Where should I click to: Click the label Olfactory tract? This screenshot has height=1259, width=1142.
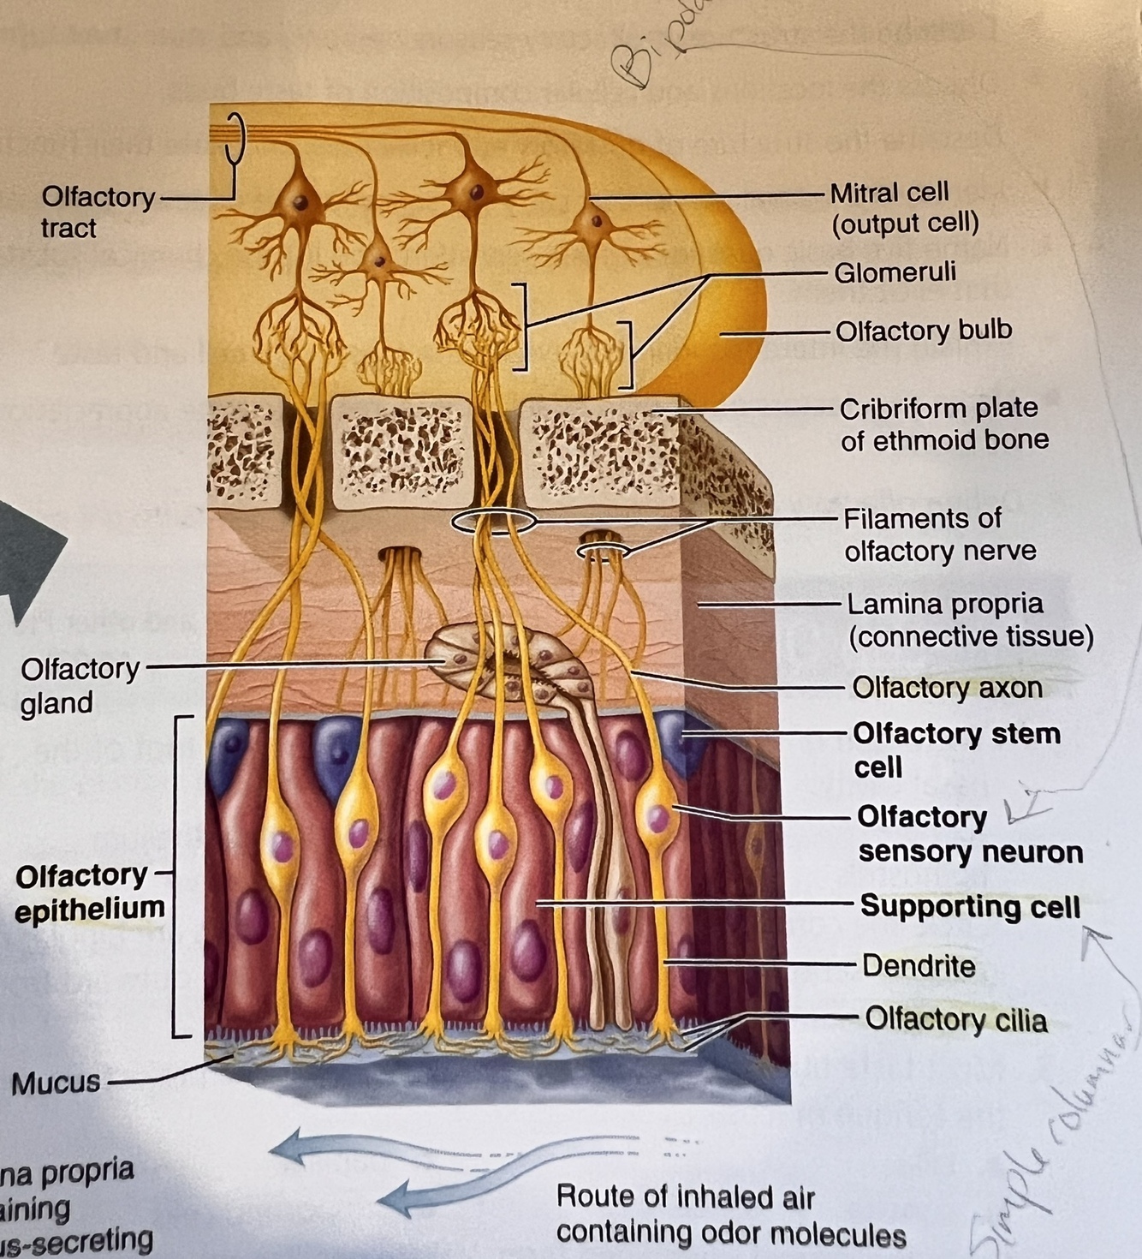point(97,212)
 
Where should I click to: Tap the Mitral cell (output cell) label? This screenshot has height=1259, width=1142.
point(903,207)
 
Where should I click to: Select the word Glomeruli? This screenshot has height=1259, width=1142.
point(895,272)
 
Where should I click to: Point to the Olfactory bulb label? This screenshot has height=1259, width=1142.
point(923,331)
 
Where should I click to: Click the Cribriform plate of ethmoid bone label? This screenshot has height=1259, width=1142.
point(943,424)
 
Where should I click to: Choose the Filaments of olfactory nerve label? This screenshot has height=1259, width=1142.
point(938,534)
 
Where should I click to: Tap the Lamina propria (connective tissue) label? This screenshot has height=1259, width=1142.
point(969,620)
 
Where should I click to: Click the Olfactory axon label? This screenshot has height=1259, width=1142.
point(946,687)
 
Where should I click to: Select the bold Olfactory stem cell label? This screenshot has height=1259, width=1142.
point(955,749)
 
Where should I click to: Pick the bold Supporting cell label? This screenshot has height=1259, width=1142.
point(969,906)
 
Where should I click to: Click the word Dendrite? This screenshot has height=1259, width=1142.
point(918,966)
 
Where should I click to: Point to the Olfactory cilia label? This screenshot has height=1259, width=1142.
point(955,1020)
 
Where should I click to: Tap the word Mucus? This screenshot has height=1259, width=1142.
point(56,1083)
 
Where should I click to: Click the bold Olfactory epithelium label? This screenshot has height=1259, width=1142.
point(88,892)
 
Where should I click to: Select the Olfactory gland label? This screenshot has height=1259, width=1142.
point(80,685)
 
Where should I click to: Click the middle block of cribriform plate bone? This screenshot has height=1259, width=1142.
point(401,450)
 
